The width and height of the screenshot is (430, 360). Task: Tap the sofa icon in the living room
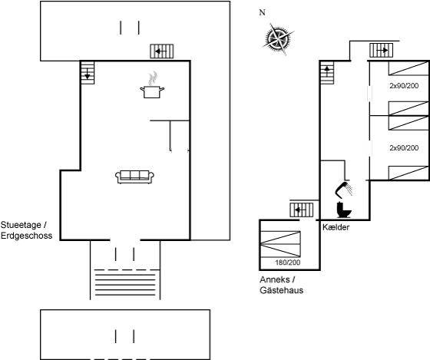134,177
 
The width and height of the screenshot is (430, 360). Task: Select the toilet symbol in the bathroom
344,210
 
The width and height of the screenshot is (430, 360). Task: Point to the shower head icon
344,190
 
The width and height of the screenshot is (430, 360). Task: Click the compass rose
279,39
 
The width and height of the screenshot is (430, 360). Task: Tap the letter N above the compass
263,12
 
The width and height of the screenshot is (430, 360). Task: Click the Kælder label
336,227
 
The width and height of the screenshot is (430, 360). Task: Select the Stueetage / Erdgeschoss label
26,230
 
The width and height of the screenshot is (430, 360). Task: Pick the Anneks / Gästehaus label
281,285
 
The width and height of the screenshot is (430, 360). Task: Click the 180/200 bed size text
288,263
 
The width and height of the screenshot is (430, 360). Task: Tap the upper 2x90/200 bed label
404,86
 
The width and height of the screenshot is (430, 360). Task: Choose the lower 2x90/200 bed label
404,148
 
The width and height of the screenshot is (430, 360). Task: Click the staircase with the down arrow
88,73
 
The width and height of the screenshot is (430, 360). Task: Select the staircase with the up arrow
327,73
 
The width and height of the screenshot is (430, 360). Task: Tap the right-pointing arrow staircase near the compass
381,51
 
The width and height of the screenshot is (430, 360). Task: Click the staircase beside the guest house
302,210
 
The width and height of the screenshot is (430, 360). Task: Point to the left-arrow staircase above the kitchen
162,51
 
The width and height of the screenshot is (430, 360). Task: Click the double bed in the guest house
280,244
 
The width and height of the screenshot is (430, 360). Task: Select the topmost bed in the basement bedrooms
408,68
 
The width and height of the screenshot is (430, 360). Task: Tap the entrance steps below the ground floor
125,282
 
